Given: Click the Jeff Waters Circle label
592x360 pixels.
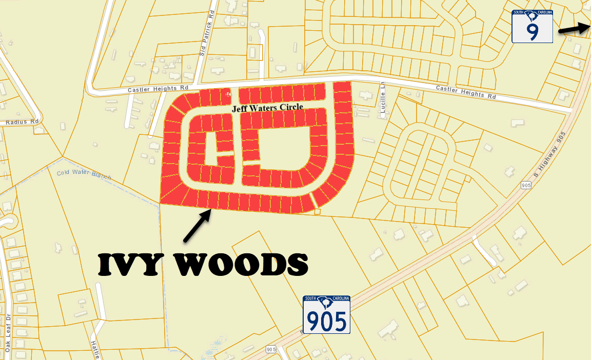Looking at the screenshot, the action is point(267,108).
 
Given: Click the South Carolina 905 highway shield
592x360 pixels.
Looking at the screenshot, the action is point(326,315).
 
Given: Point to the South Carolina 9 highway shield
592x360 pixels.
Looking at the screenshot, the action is point(532,26).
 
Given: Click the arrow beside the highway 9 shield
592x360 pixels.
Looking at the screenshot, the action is point(574,29).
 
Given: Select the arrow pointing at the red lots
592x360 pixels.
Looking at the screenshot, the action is point(198,225).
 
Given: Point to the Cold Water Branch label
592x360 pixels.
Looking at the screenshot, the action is point(84,174).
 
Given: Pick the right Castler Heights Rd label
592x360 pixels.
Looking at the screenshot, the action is point(466,92).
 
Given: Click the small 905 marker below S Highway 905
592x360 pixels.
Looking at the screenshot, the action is point(525,185).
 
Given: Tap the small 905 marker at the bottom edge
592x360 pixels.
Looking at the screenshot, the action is point(271,349).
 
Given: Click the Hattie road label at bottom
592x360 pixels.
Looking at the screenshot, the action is point(94,350).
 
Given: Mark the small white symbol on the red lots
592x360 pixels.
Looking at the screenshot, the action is point(228,95).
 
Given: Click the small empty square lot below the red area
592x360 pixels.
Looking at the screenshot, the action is point(318,211).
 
